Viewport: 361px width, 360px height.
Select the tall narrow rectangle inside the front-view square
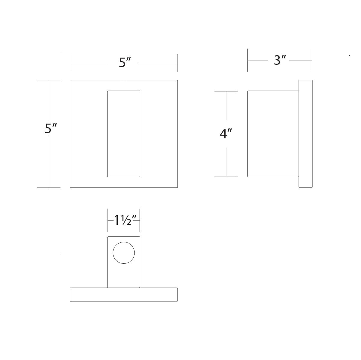pyautogui.click(x=123, y=133)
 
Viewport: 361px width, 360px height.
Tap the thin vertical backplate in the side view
pyautogui.click(x=305, y=134)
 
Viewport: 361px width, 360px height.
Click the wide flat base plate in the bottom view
pyautogui.click(x=123, y=294)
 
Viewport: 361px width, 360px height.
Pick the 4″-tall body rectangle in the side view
pyautogui.click(x=273, y=134)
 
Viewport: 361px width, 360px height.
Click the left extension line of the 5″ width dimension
pyautogui.click(x=70, y=63)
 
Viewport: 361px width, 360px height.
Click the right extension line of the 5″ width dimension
pyautogui.click(x=177, y=63)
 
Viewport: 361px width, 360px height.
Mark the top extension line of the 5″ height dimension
pyautogui.click(x=49, y=80)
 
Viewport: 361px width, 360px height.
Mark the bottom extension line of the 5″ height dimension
pyautogui.click(x=49, y=187)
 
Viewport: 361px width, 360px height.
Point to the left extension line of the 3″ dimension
pyautogui.click(x=247, y=60)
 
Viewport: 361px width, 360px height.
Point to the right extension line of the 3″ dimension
pyautogui.click(x=312, y=60)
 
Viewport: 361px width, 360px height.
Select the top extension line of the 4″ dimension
pyautogui.click(x=226, y=91)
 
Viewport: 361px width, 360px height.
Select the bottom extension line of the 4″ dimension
pyautogui.click(x=226, y=176)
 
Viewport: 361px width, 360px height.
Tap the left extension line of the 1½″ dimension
pyautogui.click(x=108, y=220)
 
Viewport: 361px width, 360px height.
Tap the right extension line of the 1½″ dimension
pyautogui.click(x=140, y=220)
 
